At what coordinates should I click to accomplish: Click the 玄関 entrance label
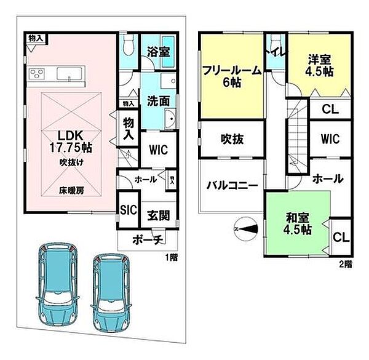(157, 216)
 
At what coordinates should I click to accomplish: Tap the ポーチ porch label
(148, 239)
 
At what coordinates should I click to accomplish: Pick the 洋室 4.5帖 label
(320, 65)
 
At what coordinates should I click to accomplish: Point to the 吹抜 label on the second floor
(232, 139)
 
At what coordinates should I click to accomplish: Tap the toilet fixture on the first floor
(128, 46)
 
